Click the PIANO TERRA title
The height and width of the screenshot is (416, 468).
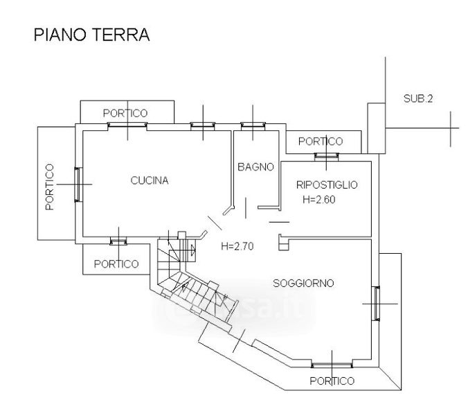pyautogui.click(x=91, y=35)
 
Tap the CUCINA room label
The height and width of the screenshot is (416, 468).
pyautogui.click(x=150, y=181)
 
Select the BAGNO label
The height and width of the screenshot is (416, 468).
pyautogui.click(x=255, y=167)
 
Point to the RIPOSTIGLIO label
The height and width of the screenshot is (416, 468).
pyautogui.click(x=326, y=185)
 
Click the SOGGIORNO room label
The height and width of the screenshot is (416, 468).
pyautogui.click(x=303, y=283)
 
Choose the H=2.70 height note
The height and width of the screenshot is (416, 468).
pyautogui.click(x=237, y=245)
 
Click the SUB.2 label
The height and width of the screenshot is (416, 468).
pyautogui.click(x=418, y=98)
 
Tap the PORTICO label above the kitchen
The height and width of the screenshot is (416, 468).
pyautogui.click(x=125, y=113)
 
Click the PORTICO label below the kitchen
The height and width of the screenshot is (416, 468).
pyautogui.click(x=116, y=263)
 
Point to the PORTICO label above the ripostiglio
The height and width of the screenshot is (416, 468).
pyautogui.click(x=321, y=141)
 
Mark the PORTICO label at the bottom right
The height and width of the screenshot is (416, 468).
pyautogui.click(x=332, y=381)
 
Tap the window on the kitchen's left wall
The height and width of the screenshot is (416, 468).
pyautogui.click(x=78, y=184)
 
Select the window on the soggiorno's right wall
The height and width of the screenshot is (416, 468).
pyautogui.click(x=376, y=304)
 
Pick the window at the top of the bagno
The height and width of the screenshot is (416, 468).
pyautogui.click(x=253, y=125)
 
